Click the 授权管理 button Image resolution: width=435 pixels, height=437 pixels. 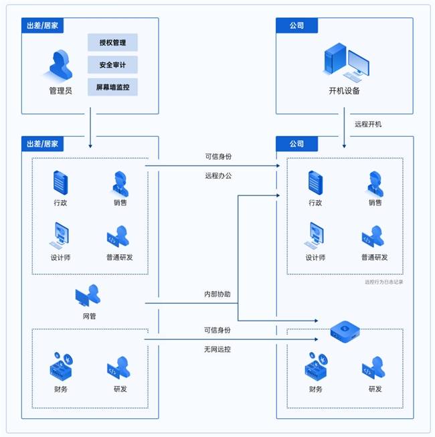(112, 42)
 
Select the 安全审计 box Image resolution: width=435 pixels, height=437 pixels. (112, 65)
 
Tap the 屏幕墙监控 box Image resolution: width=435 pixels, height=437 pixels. (112, 87)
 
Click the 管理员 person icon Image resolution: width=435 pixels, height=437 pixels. (60, 65)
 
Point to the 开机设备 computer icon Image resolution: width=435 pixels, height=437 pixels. (345, 62)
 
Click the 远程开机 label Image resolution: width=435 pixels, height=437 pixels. (368, 124)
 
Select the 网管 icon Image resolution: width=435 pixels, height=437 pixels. (88, 295)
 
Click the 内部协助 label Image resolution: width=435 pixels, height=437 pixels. (217, 294)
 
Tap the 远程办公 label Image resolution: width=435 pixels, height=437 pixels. (218, 175)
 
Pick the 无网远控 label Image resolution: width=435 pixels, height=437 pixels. (217, 349)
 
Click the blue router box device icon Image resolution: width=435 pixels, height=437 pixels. (345, 331)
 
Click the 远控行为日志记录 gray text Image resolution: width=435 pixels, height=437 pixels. (383, 282)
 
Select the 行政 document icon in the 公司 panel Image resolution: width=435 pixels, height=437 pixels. (315, 183)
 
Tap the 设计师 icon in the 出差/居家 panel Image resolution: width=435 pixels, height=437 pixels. (60, 235)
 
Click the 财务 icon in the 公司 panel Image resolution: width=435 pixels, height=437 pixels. (316, 366)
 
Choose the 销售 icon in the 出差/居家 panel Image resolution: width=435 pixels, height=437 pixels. (120, 183)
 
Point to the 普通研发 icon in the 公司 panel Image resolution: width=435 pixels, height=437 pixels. (373, 236)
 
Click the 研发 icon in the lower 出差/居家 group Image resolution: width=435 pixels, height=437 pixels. (118, 367)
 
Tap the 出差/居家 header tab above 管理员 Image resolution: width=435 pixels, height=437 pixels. (42, 25)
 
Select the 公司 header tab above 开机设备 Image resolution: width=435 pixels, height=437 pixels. (296, 25)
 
